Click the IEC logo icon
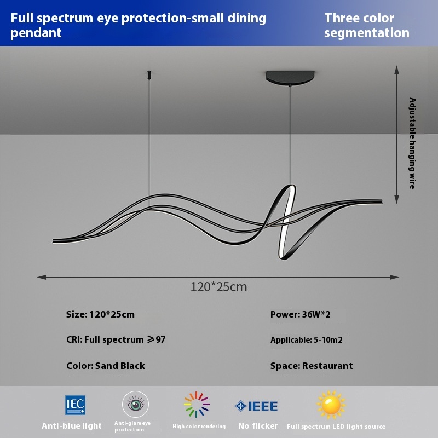pyautogui.click(x=76, y=405)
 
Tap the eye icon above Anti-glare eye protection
pyautogui.click(x=135, y=405)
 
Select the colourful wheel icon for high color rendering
pyautogui.click(x=197, y=405)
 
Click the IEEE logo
pyautogui.click(x=256, y=406)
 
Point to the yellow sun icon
pyautogui.click(x=331, y=405)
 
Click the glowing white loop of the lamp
pyautogui.click(x=286, y=219)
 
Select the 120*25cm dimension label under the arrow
pyautogui.click(x=219, y=286)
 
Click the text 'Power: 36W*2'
pyautogui.click(x=300, y=314)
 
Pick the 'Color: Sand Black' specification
pyautogui.click(x=106, y=366)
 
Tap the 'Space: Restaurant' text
pyautogui.click(x=312, y=366)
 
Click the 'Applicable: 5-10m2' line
pyautogui.click(x=307, y=340)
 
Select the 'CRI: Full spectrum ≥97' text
pyautogui.click(x=116, y=340)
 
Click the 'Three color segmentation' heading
pyautogui.click(x=366, y=25)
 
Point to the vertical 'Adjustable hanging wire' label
pyautogui.click(x=413, y=143)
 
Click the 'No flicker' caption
pyautogui.click(x=258, y=425)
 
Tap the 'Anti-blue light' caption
pyautogui.click(x=72, y=425)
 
